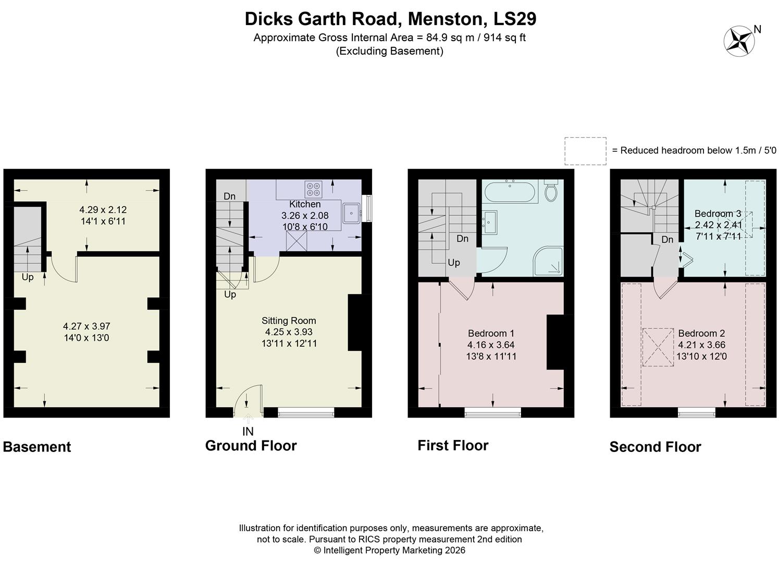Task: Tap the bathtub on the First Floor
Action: (x=509, y=192)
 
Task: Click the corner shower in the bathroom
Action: (x=548, y=261)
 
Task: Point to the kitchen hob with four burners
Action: (x=314, y=188)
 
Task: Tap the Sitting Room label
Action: (x=289, y=321)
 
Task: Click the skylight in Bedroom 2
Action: (x=657, y=347)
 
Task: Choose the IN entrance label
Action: (x=248, y=432)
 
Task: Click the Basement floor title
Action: (x=37, y=447)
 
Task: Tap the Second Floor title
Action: (x=655, y=447)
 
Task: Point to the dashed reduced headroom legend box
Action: (x=585, y=151)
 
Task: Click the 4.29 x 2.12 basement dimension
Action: (x=103, y=210)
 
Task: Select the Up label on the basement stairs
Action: (x=28, y=277)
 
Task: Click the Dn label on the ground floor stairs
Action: (x=230, y=197)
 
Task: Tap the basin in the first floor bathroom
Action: (x=489, y=222)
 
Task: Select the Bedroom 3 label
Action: (x=718, y=214)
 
